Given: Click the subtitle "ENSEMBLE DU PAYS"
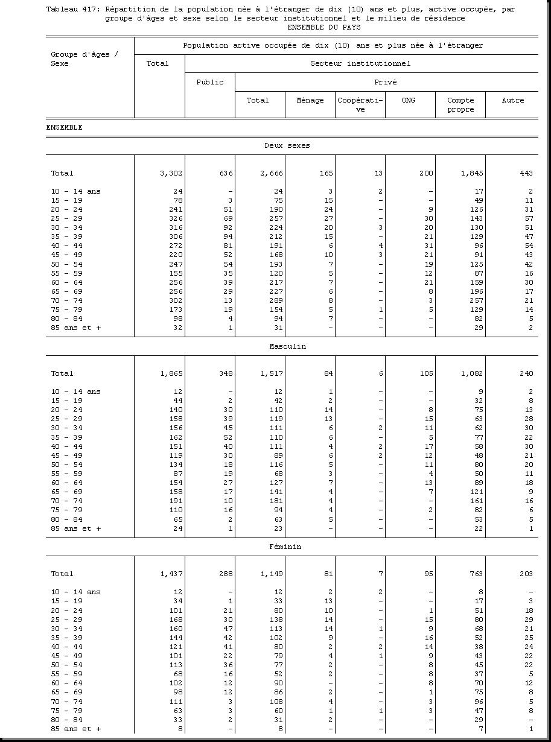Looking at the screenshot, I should coord(324,27).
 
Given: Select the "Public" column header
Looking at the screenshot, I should coord(209,82).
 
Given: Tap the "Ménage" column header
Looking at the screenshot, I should coord(310,100).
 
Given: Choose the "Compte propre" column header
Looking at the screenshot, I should coord(460,105).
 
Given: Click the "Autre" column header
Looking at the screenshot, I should coord(512,100).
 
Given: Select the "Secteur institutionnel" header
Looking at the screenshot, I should coord(360,63).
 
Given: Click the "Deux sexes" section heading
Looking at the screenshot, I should coord(287,145).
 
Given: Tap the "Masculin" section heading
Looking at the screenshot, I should coord(287,346).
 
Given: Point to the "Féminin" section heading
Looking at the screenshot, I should coord(285,547).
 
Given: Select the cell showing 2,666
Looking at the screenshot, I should coord(272,173).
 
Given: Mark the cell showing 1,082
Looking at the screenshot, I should coord(471,373).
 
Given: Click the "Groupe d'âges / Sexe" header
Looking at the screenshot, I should coord(84,59).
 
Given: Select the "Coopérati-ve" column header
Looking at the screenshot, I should coord(360,105).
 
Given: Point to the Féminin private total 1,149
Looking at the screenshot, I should coord(272,574).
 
